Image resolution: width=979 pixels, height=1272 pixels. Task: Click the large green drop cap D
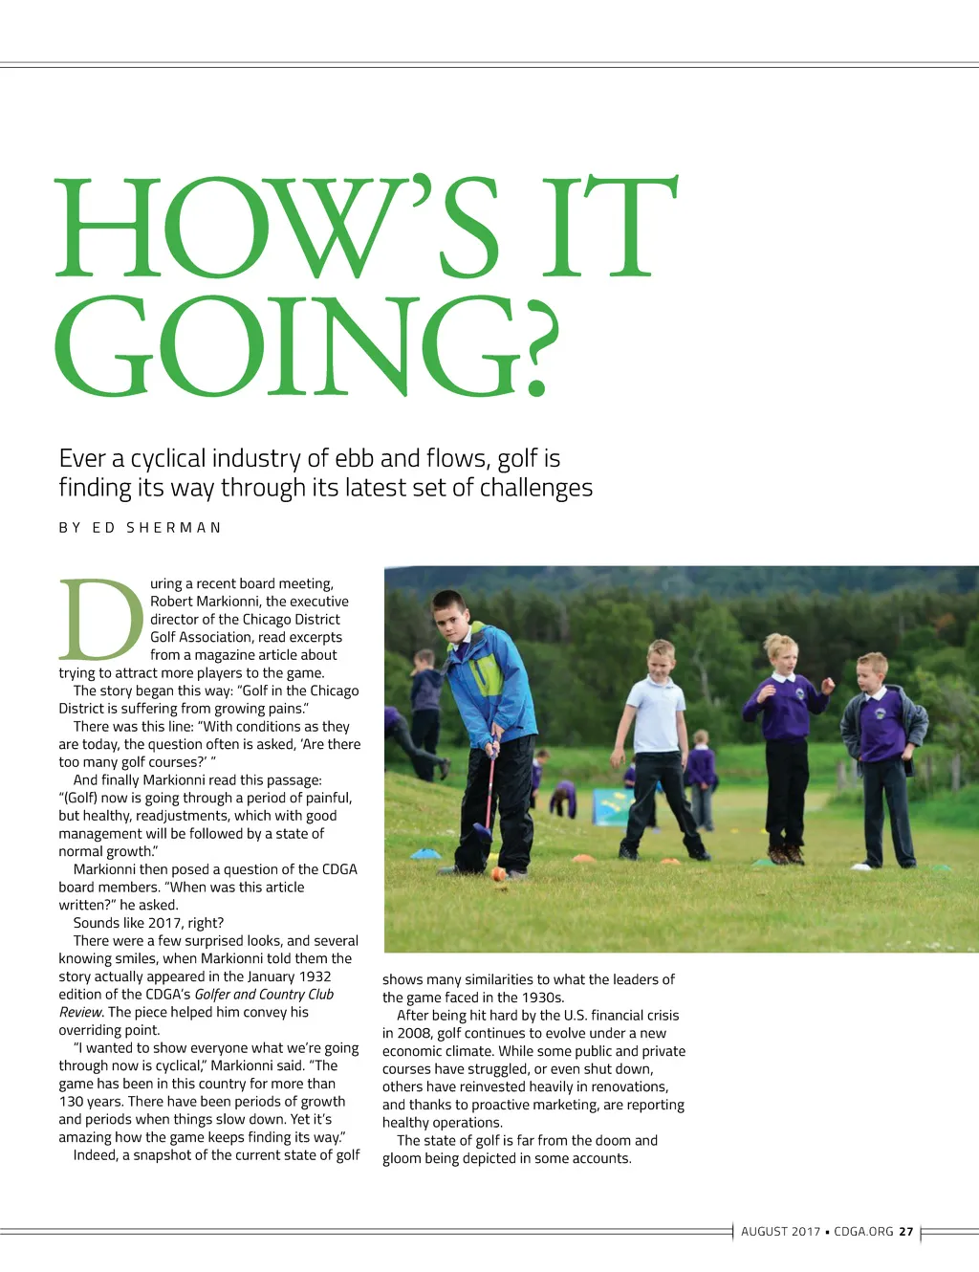100,620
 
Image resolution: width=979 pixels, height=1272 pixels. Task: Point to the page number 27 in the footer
906,1232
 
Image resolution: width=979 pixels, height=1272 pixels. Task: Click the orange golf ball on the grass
498,873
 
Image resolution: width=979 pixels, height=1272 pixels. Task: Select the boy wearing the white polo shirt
660,746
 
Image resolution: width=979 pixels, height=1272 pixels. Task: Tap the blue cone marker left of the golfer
425,853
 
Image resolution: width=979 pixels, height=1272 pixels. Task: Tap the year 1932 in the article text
315,976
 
